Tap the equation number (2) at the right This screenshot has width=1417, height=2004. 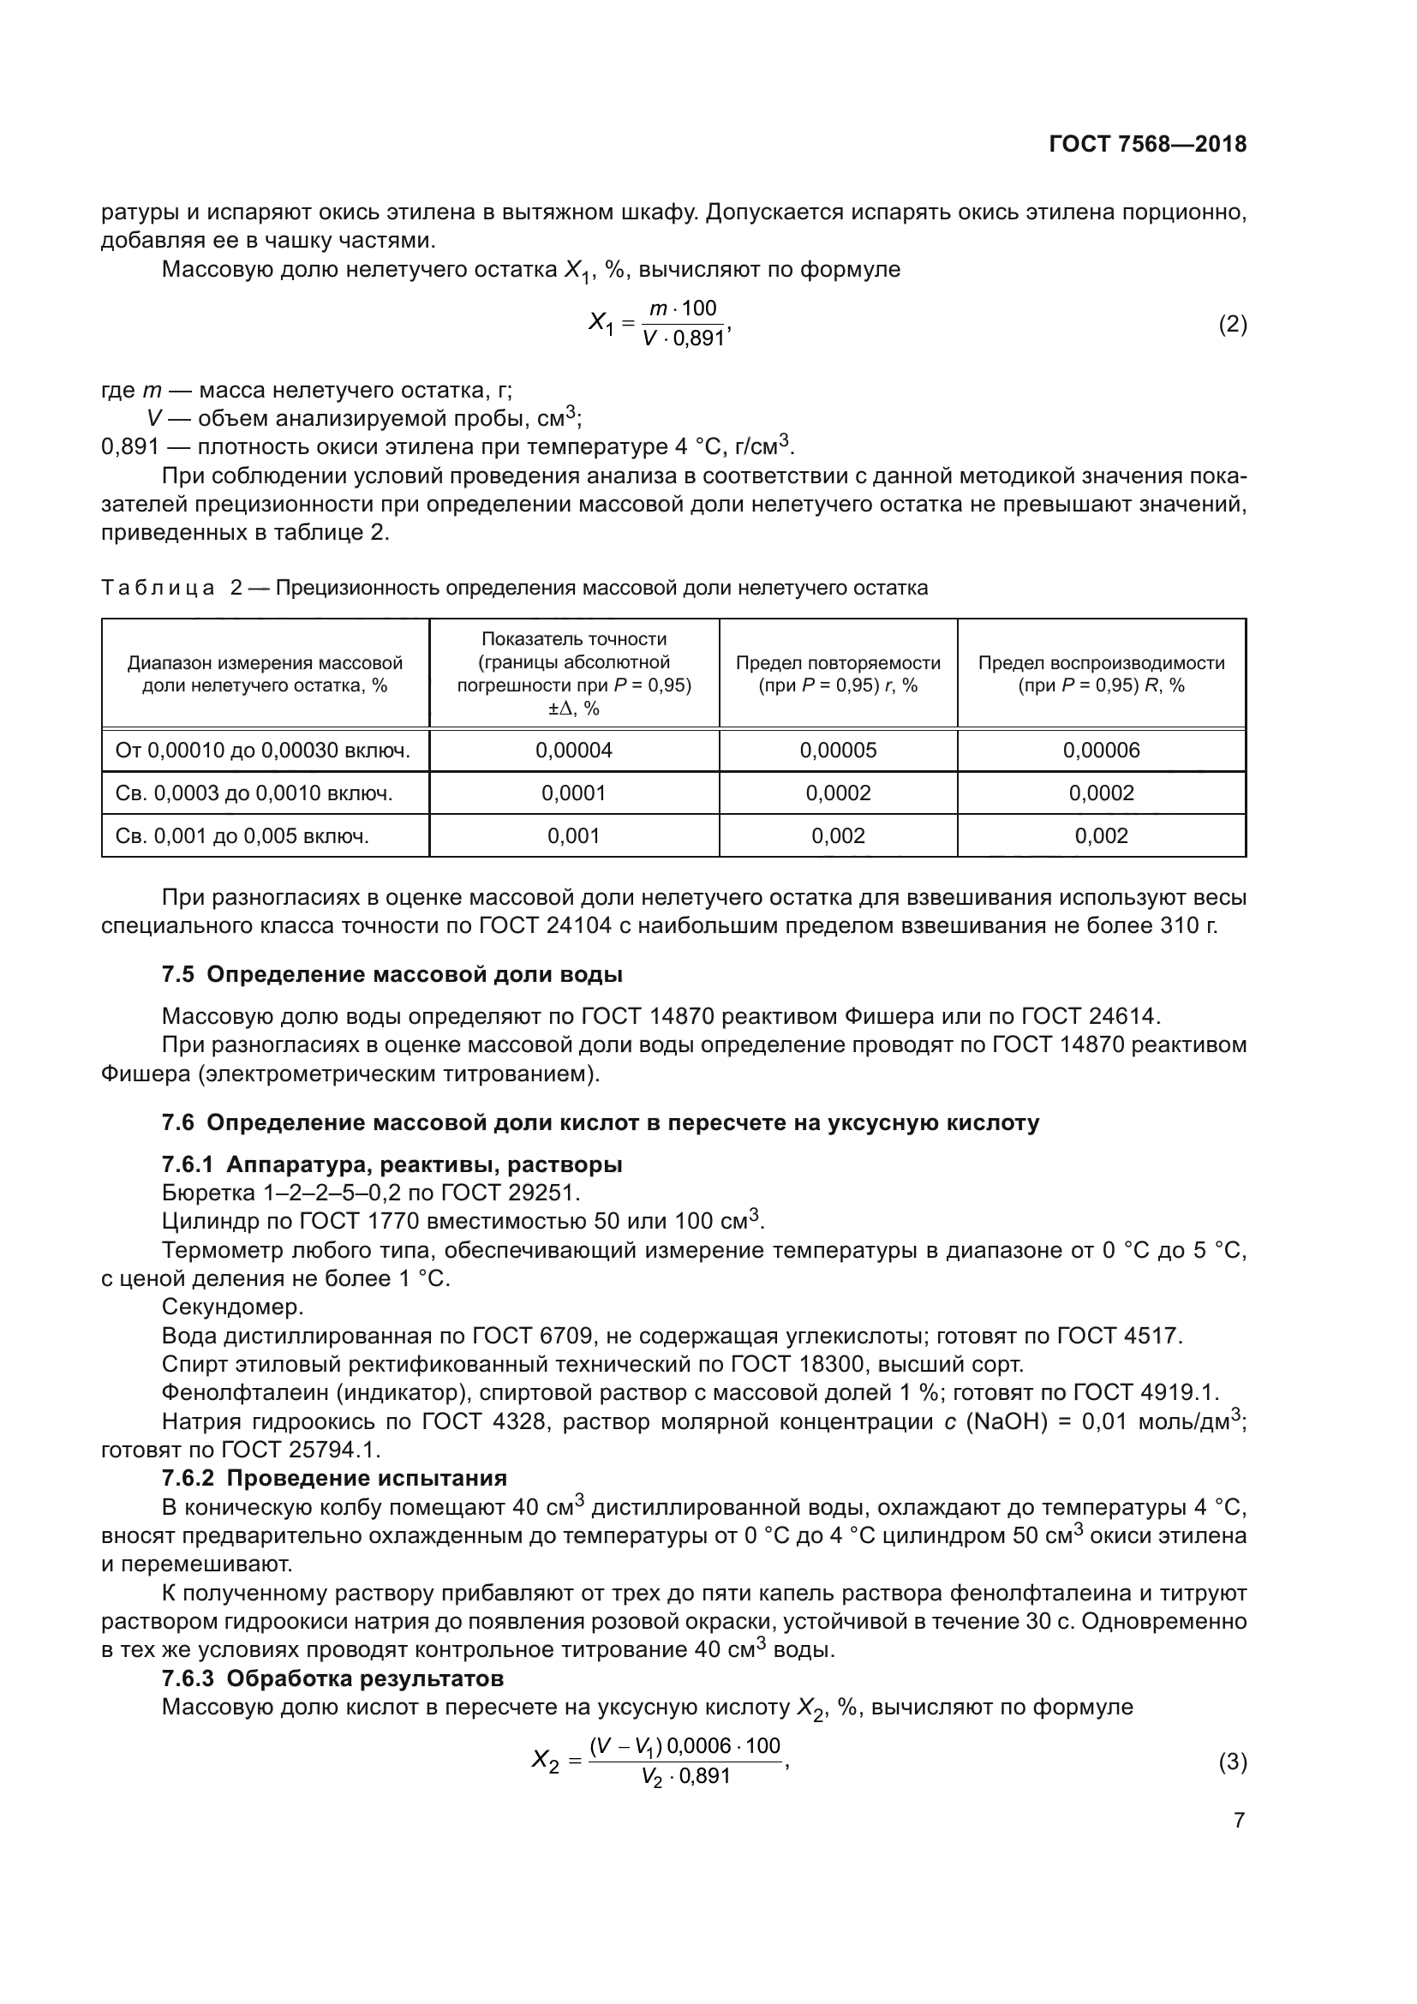(x=1232, y=325)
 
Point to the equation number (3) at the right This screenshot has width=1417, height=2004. (x=1232, y=1762)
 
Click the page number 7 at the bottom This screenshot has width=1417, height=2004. (x=1239, y=1821)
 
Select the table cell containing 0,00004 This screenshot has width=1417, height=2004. (x=573, y=750)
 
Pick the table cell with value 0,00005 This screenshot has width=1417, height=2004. (x=838, y=750)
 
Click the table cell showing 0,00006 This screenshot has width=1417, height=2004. (x=1100, y=750)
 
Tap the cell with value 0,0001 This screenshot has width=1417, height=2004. (x=573, y=793)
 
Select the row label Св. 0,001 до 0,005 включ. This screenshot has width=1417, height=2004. (x=242, y=835)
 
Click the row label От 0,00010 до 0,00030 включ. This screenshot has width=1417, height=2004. (x=263, y=750)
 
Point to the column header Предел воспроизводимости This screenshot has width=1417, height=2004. (x=1100, y=663)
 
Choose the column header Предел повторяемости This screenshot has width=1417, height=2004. (x=838, y=663)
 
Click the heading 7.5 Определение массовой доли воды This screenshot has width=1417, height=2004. (x=392, y=974)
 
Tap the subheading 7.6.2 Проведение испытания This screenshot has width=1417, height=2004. (x=334, y=1478)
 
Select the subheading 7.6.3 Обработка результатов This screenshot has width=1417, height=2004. (x=332, y=1678)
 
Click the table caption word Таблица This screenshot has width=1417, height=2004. (x=158, y=589)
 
